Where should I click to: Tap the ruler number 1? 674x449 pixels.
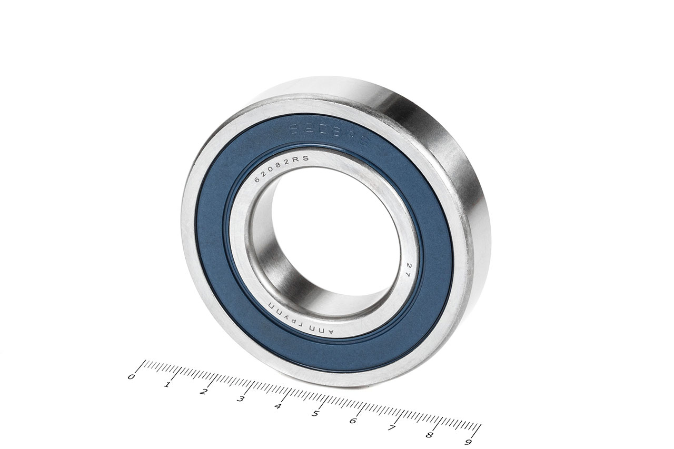tap(167, 384)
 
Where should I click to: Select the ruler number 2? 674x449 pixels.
tap(204, 392)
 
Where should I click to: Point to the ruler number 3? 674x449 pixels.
tap(241, 399)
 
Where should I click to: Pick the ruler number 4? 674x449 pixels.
tap(277, 406)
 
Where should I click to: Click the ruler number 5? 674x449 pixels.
tap(315, 413)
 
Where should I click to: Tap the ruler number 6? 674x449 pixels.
tap(353, 421)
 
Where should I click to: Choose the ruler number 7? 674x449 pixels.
tap(391, 428)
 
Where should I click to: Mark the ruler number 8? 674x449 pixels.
tap(430, 435)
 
